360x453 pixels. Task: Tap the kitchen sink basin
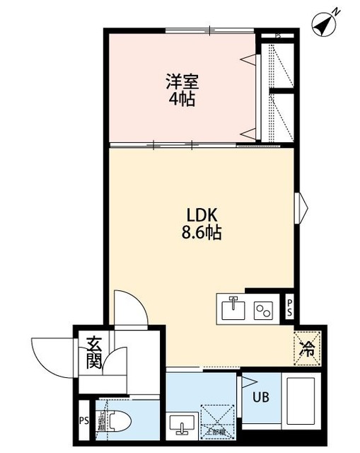point(233,309)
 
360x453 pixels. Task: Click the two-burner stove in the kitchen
point(264,310)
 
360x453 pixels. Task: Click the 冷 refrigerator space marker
point(306,347)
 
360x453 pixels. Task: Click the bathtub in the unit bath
point(301,400)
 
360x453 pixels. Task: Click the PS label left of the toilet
point(84,423)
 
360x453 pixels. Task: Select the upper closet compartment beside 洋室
point(279,66)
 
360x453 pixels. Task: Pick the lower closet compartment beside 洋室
point(279,116)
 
